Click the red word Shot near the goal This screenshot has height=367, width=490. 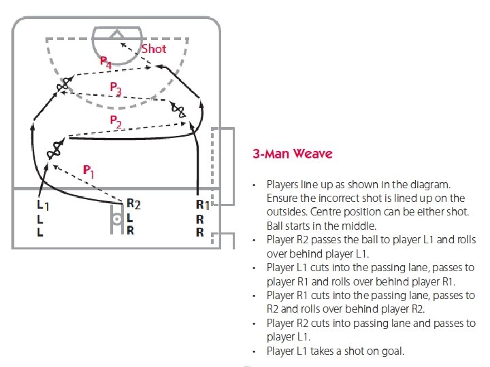point(154,49)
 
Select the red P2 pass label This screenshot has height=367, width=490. point(116,122)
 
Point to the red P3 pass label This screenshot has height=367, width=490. point(116,88)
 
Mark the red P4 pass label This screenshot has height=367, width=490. point(105,62)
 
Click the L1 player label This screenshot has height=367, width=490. point(42,204)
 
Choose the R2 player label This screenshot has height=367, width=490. point(133,204)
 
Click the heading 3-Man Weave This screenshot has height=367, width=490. point(293,154)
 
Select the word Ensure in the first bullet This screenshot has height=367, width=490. point(282,198)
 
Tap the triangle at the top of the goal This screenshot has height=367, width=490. point(116,32)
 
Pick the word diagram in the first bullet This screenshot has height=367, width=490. point(432,184)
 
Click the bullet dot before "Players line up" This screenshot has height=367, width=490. point(252,185)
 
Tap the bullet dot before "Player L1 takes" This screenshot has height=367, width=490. point(252,351)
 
